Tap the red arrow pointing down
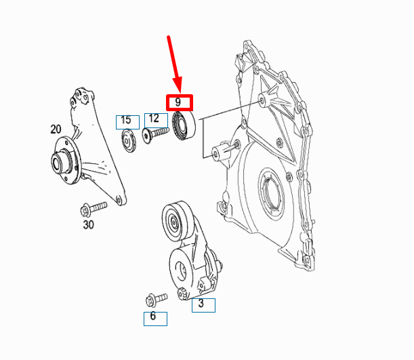pyautogui.click(x=173, y=62)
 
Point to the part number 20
pyautogui.click(x=56, y=129)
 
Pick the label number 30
pyautogui.click(x=88, y=225)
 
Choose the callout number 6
pyautogui.click(x=154, y=317)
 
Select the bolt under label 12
pyautogui.click(x=154, y=135)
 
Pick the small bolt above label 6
pyautogui.click(x=155, y=298)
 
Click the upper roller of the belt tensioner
pyautogui.click(x=175, y=219)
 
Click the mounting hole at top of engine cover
pyautogui.click(x=262, y=101)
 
